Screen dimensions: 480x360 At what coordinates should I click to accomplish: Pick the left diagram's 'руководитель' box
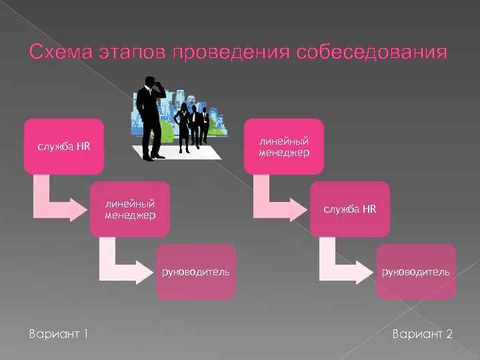tap(196, 271)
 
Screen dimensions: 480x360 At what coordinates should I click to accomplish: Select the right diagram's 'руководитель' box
tap(416, 271)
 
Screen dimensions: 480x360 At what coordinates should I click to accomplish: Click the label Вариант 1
tap(59, 333)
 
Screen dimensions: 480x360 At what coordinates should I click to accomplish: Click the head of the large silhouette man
tap(152, 83)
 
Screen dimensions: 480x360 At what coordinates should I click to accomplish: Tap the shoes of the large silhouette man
tap(154, 156)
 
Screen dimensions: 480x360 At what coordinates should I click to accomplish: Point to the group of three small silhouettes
tap(192, 123)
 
